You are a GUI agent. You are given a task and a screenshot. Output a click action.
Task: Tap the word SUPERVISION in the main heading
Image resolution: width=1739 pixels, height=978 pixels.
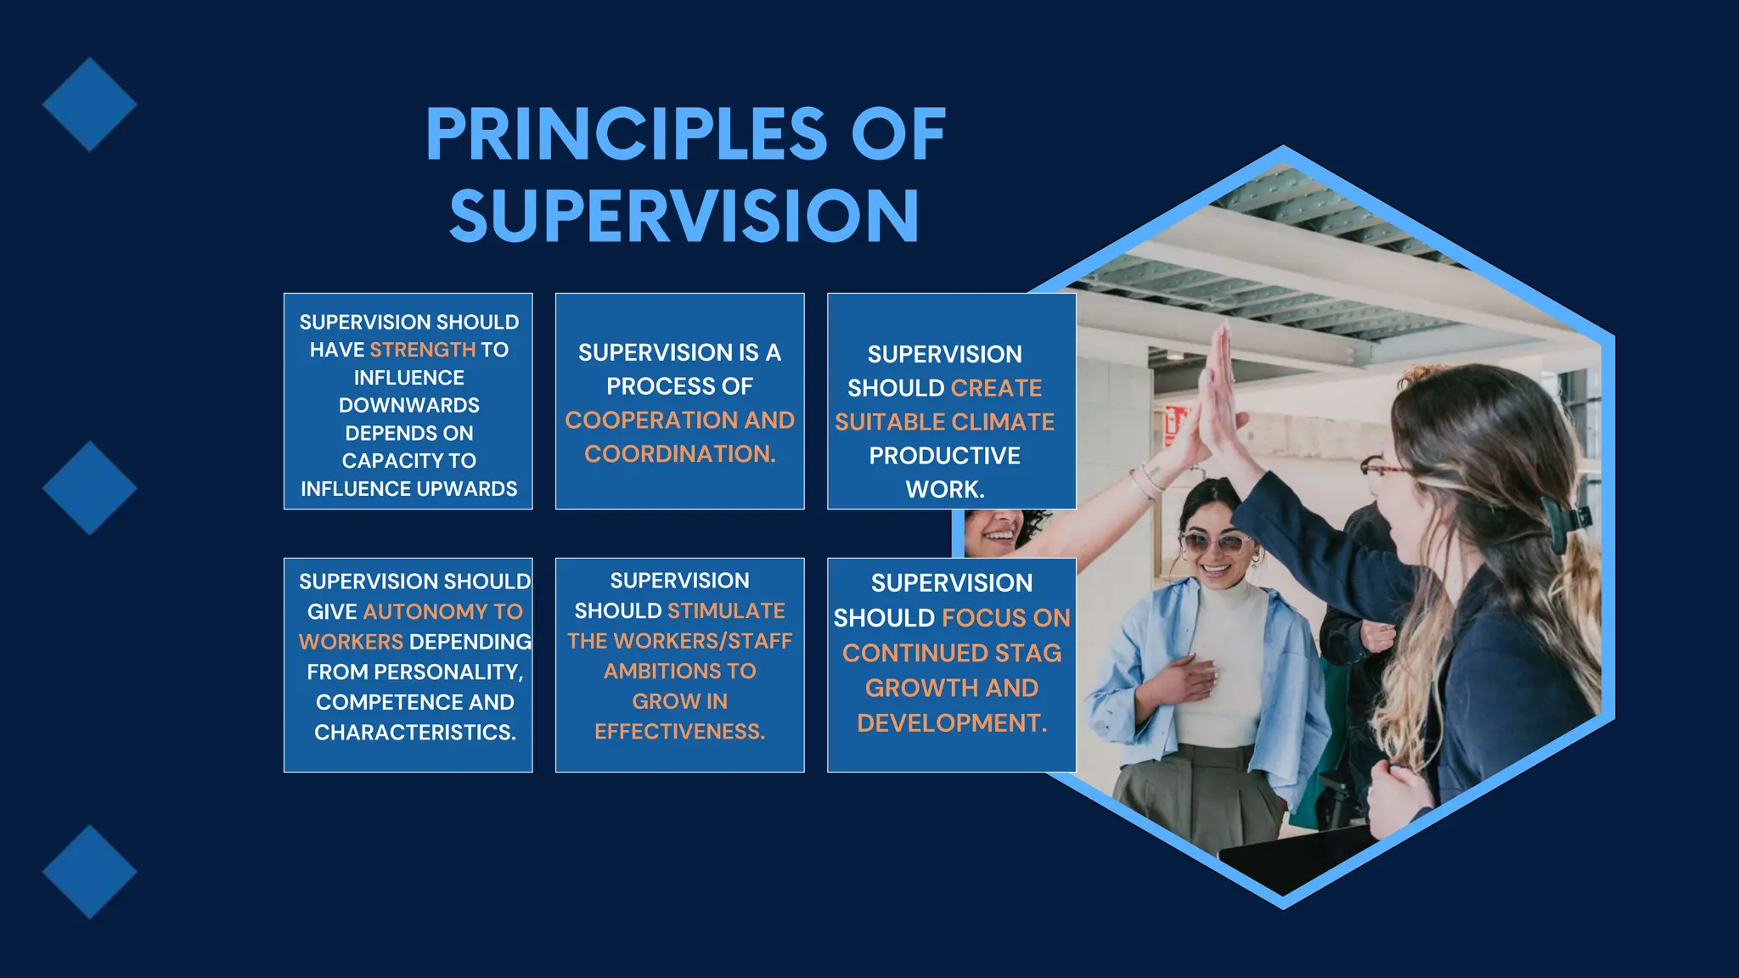684,216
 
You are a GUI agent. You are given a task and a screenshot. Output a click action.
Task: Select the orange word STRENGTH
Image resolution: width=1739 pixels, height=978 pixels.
422,350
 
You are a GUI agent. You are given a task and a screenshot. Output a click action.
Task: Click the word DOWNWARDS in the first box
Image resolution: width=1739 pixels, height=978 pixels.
408,405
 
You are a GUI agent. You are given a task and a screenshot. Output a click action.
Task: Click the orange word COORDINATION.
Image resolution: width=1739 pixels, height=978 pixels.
679,454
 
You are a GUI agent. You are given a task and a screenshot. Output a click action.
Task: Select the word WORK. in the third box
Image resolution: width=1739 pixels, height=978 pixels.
944,490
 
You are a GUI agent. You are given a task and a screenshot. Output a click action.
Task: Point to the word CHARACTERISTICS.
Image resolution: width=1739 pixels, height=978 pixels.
414,733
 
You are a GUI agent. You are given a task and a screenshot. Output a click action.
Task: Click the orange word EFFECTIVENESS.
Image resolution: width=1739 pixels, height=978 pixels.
679,732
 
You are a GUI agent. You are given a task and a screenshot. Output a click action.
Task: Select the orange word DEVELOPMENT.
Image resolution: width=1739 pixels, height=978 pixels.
951,723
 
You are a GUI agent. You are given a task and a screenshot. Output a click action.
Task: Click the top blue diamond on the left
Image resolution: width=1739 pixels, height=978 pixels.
89,104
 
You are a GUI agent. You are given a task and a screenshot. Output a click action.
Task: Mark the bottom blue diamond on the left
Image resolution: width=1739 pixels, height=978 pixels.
89,872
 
